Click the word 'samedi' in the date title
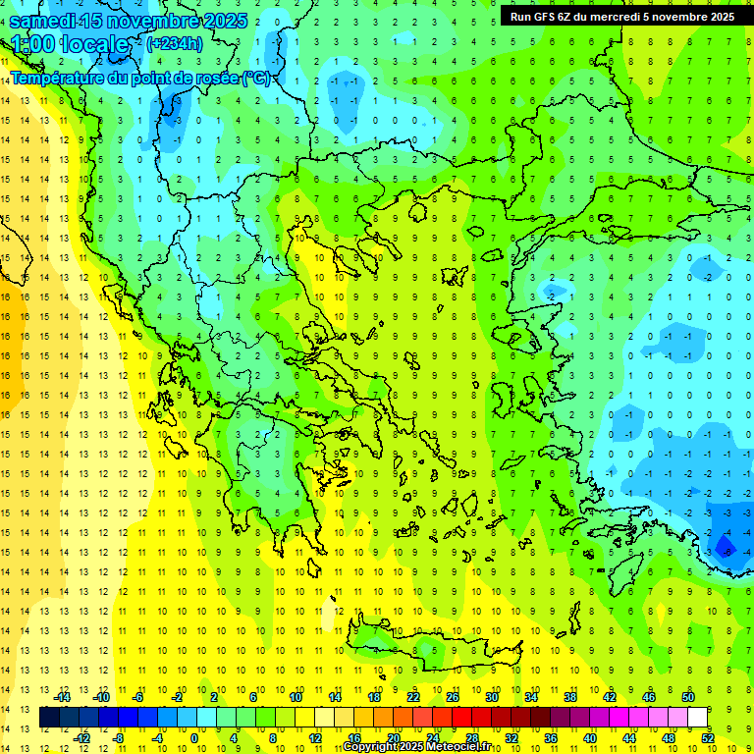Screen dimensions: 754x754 tap(44, 21)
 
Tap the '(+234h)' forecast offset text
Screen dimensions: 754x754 tap(175, 43)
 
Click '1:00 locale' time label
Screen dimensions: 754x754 tap(71, 44)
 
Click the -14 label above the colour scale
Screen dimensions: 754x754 tap(63, 697)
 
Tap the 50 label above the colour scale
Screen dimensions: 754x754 tap(688, 697)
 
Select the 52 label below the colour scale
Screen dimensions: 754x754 tap(708, 737)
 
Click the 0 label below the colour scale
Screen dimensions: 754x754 tap(193, 737)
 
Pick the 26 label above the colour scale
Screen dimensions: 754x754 tap(453, 697)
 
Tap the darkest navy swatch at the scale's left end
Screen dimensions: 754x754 tap(49, 718)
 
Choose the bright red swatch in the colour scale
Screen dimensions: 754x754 tap(462, 718)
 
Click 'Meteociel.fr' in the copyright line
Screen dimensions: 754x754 tap(460, 747)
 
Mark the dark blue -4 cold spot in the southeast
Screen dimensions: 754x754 tap(725, 545)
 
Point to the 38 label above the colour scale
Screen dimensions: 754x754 tap(570, 697)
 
